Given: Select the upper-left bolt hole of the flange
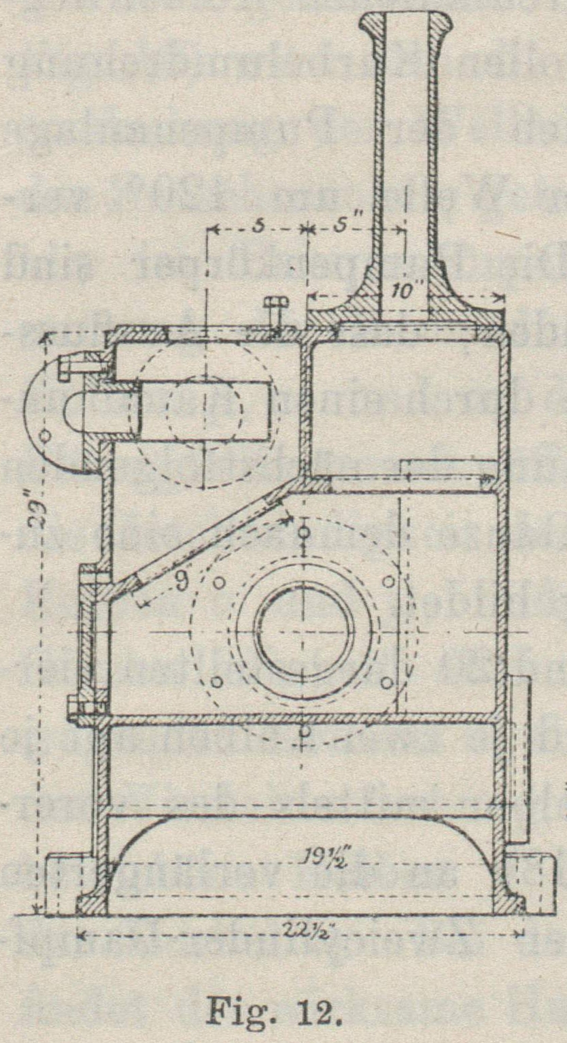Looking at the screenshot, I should click(x=220, y=582).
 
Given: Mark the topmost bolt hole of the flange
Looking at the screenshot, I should click(x=304, y=531).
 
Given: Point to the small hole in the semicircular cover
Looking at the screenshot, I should click(x=46, y=434).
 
